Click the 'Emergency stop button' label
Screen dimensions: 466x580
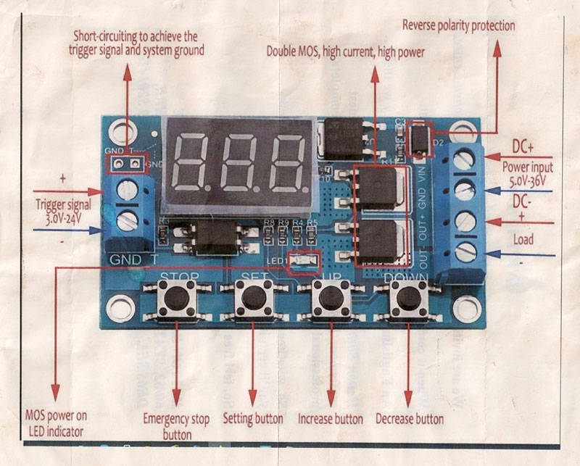[x=176, y=426]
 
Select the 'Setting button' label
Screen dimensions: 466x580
[x=253, y=419]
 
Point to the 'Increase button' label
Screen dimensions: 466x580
[x=331, y=419]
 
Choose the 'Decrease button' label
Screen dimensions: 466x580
[x=410, y=419]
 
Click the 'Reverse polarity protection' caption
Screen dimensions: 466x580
[x=458, y=26]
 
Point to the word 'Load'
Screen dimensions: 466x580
[x=523, y=239]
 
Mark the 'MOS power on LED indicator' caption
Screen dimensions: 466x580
[x=56, y=423]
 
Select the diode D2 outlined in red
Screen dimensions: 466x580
[x=418, y=139]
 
